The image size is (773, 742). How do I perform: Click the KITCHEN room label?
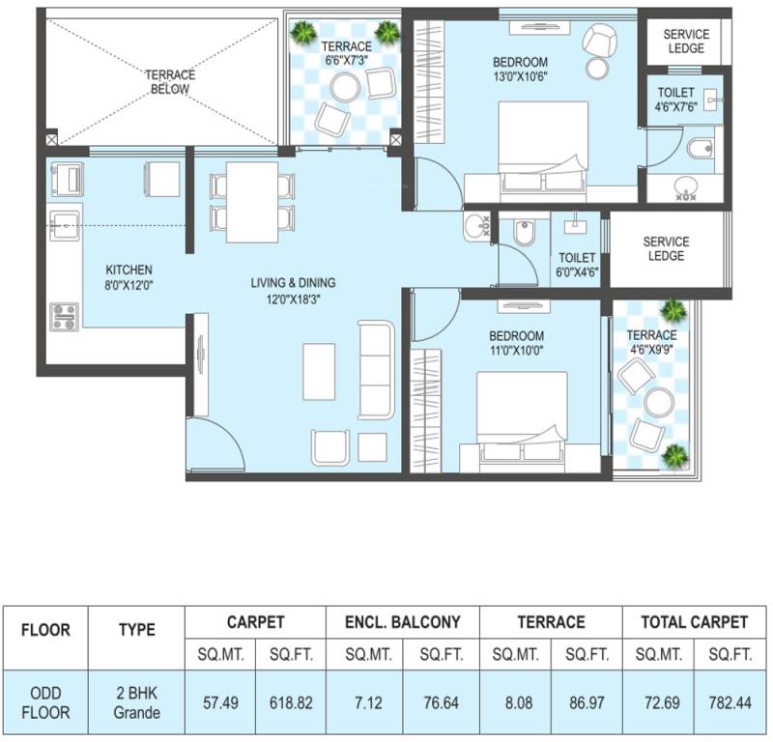pos(129,270)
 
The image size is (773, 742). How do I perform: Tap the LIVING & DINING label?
pos(293,283)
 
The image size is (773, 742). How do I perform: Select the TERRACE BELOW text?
pos(169,82)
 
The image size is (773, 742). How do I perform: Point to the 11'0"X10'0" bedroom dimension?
pos(517,351)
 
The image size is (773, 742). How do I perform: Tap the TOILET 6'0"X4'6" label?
pos(578,266)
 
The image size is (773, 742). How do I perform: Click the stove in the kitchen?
pos(65,316)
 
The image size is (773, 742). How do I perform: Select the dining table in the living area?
pos(253,204)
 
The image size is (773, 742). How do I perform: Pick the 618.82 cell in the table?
pos(292,702)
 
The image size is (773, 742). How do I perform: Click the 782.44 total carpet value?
pos(730,702)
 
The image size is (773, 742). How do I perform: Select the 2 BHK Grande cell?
pos(136,702)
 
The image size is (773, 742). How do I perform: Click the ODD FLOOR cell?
pos(44,702)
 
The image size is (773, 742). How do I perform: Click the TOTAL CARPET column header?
pos(694,622)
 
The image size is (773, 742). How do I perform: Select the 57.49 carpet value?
pos(220,702)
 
